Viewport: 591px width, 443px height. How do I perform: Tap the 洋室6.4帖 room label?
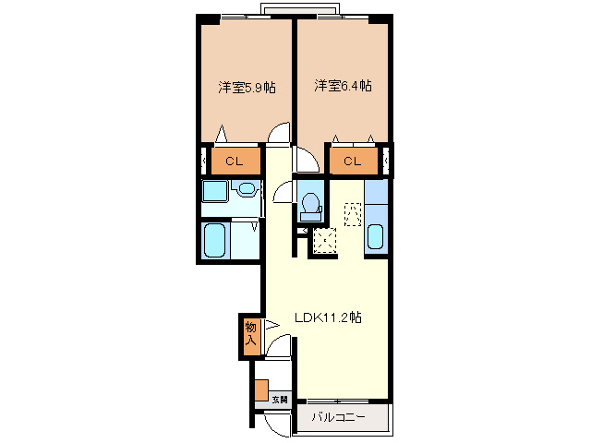pos(343,86)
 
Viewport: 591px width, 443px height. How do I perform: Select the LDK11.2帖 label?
pos(328,317)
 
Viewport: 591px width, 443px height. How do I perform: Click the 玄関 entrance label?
pos(279,400)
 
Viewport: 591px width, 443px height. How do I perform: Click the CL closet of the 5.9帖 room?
pos(234,162)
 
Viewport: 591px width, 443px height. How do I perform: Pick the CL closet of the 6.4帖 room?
pos(352,162)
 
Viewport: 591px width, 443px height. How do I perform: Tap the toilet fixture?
pos(310,204)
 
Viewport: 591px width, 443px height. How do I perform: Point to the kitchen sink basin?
pos(375,237)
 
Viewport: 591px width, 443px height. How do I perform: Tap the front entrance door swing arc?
pos(275,425)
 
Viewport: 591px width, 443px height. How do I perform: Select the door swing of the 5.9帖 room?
pos(276,137)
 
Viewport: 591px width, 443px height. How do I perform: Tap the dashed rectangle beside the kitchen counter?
pos(353,213)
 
